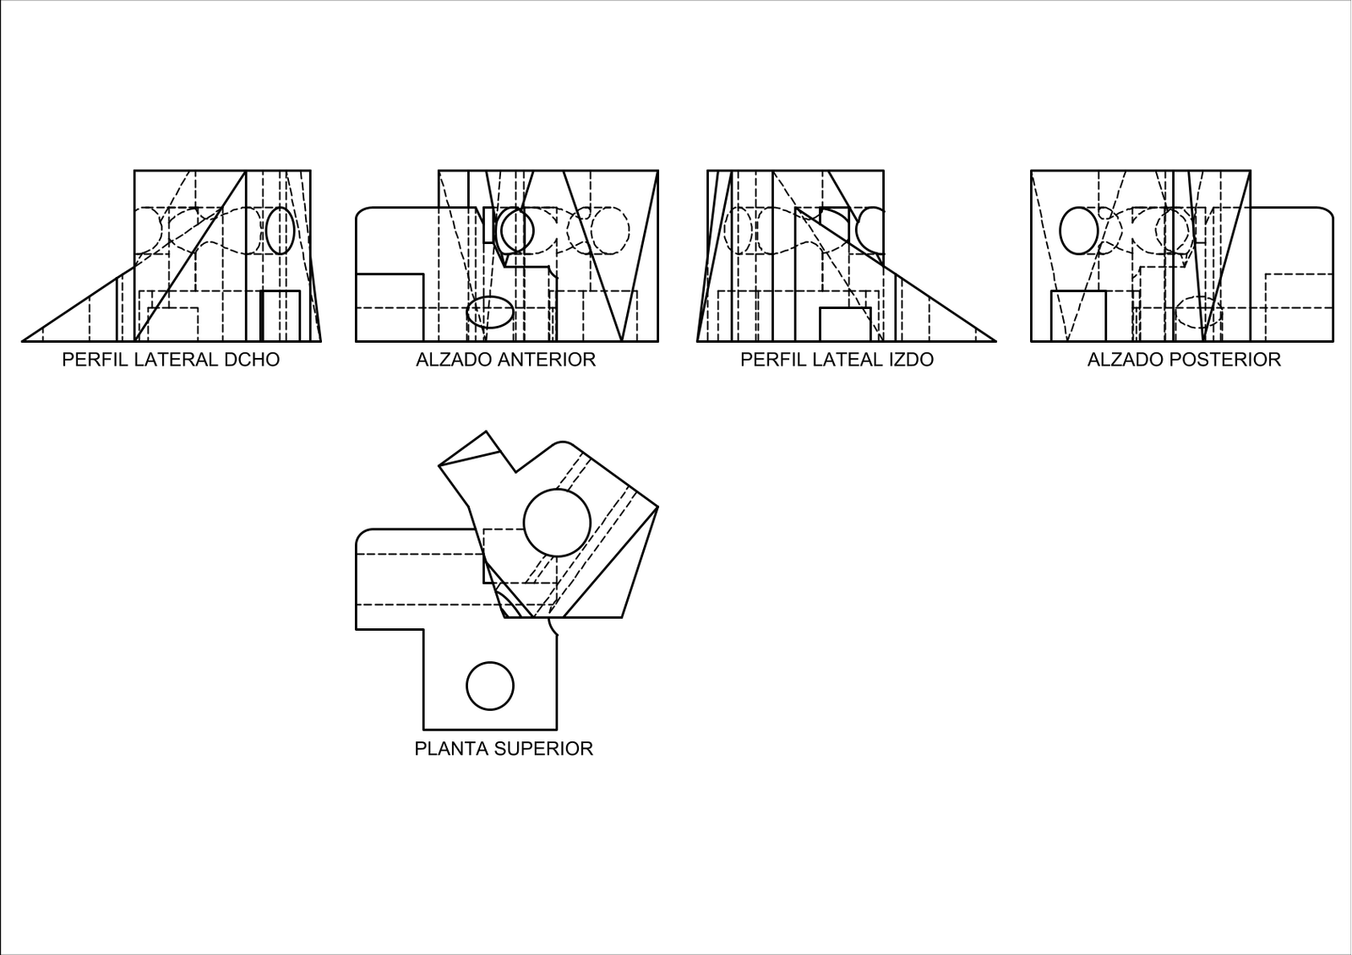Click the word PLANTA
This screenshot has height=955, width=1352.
[x=451, y=749]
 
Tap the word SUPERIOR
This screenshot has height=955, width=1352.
[x=544, y=749]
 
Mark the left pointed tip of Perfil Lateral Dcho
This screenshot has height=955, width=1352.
[x=22, y=341]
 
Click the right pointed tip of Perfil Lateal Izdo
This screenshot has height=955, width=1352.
[x=996, y=341]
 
